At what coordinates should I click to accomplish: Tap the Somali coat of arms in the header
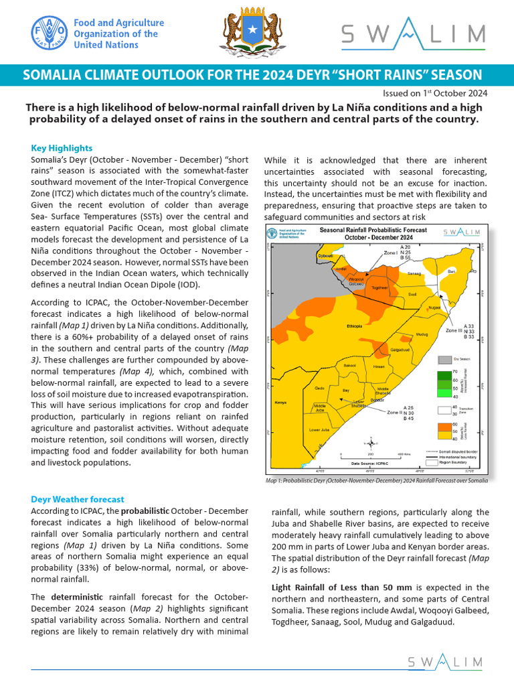pos(247,33)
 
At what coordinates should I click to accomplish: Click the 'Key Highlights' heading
pos(62,148)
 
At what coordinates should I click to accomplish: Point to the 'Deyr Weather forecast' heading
pos(77,499)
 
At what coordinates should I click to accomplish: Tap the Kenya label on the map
pos(280,403)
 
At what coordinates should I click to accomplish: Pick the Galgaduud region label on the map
pos(400,350)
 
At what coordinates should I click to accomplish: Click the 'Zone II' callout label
pos(394,413)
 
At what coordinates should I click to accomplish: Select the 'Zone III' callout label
pos(453,331)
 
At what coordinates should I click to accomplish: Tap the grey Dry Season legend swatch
pos(444,359)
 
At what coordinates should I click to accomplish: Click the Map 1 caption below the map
pos(376,480)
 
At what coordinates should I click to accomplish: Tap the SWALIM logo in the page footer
pos(445,662)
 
